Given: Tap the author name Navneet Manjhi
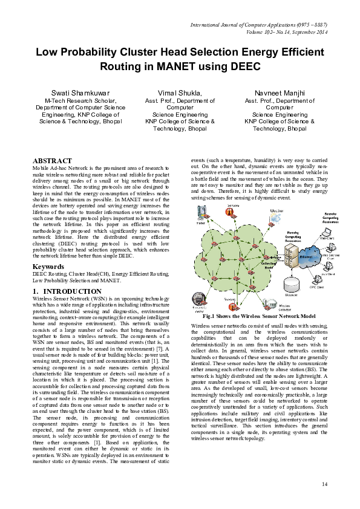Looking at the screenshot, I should tap(280, 92).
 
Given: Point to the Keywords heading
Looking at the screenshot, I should tap(48, 265).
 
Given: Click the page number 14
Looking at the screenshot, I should tap(324, 484).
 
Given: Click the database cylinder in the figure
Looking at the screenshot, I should tap(292, 283).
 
